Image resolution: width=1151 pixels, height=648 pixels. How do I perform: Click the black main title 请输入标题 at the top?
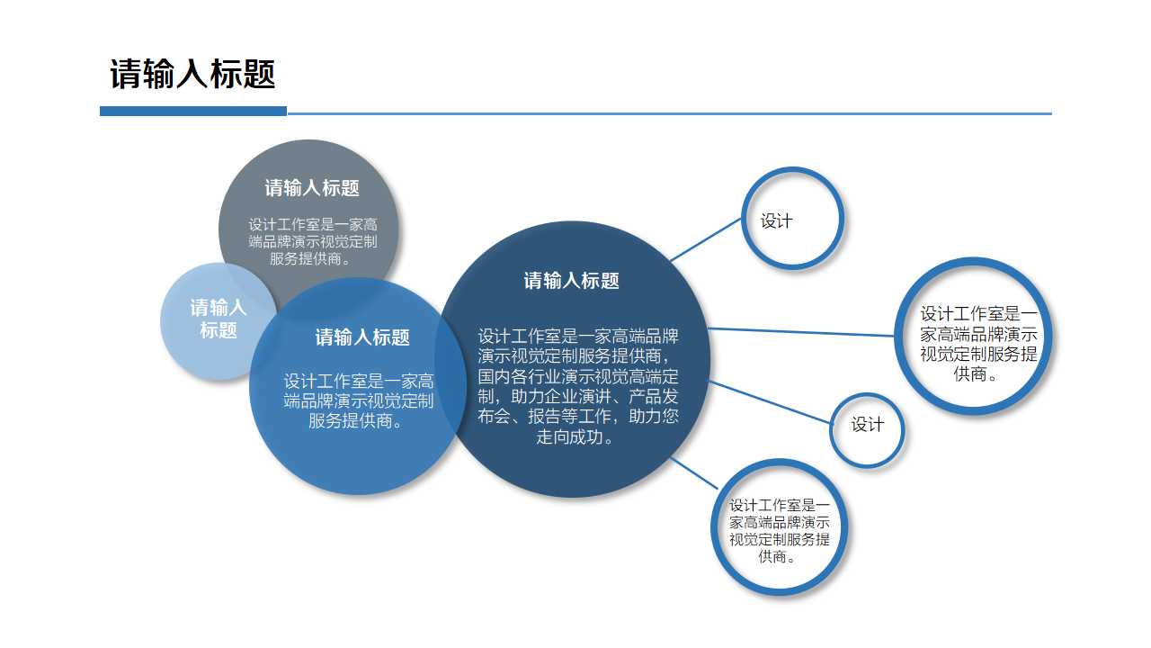pyautogui.click(x=192, y=74)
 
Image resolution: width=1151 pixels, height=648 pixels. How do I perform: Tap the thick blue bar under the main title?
pyautogui.click(x=192, y=112)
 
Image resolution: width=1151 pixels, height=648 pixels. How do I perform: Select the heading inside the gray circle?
pyautogui.click(x=312, y=188)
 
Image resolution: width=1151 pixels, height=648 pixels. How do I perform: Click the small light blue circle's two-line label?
pyautogui.click(x=218, y=319)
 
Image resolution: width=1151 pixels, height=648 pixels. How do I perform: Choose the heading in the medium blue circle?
pyautogui.click(x=362, y=337)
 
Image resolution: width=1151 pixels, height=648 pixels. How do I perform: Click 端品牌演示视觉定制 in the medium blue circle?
pyautogui.click(x=359, y=400)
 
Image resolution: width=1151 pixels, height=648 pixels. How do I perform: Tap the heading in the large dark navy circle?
pyautogui.click(x=572, y=281)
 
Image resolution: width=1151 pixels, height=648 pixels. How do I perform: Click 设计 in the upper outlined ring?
pyautogui.click(x=777, y=220)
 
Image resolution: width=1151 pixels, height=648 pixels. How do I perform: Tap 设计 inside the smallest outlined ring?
pyautogui.click(x=868, y=425)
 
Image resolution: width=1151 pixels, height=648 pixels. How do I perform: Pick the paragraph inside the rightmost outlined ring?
pyautogui.click(x=978, y=344)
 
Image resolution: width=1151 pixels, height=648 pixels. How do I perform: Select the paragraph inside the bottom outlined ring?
pyautogui.click(x=780, y=531)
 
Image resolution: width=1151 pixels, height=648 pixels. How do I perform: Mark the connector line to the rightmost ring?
pyautogui.click(x=800, y=332)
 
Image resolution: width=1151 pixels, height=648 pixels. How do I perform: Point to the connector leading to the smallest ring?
pyautogui.click(x=769, y=400)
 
